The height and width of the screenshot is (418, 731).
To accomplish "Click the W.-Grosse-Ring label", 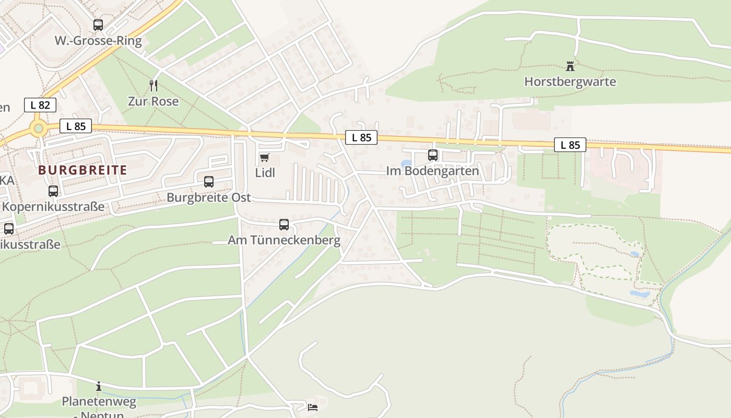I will click(x=98, y=41).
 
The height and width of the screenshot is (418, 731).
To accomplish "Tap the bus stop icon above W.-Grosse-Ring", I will click(x=98, y=25).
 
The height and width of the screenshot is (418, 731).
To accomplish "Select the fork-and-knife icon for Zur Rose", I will click(x=153, y=85).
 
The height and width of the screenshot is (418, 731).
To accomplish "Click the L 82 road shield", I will click(x=40, y=105).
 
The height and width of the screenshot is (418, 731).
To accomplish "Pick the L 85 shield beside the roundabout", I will click(x=76, y=126).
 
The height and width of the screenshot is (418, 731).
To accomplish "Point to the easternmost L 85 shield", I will click(x=570, y=145).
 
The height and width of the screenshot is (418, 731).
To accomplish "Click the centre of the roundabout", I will click(x=38, y=128).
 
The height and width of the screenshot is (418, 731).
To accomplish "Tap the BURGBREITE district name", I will click(x=82, y=170).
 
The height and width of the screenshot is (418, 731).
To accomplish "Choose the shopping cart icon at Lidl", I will click(x=265, y=157).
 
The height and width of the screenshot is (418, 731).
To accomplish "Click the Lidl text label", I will click(x=265, y=172).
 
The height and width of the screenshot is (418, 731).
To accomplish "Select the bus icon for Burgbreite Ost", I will click(x=209, y=182).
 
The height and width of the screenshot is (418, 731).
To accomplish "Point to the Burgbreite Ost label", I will click(x=209, y=198).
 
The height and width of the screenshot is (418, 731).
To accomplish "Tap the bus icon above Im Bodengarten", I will click(x=433, y=155).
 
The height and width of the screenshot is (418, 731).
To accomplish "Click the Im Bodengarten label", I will click(x=432, y=171).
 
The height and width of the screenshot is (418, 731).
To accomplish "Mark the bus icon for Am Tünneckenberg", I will click(x=284, y=225).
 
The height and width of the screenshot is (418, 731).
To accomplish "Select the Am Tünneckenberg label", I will click(x=284, y=240).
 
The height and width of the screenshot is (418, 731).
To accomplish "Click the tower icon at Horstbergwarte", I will click(x=570, y=66).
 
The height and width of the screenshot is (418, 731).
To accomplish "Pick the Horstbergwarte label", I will click(x=570, y=82).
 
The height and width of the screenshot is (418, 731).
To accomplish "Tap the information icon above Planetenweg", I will click(x=99, y=387).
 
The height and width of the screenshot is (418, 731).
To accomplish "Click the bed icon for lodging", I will click(x=312, y=407).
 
